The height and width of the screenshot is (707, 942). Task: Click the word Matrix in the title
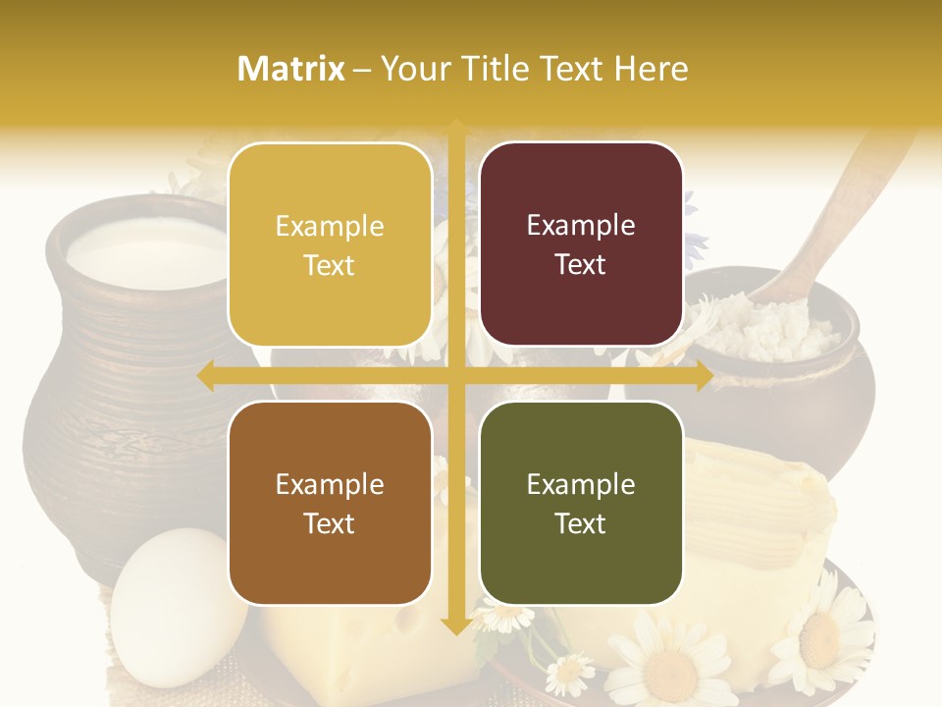291,69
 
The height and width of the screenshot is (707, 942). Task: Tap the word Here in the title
652,69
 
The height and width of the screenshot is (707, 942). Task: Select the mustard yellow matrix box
330,245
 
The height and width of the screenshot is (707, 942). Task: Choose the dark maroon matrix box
581,245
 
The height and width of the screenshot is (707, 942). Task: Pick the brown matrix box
330,503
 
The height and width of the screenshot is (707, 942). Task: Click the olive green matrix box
581,503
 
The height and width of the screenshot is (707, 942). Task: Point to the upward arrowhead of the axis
455,128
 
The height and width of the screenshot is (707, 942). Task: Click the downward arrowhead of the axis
455,625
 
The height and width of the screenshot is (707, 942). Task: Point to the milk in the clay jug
147,255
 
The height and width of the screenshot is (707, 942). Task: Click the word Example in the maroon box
581,225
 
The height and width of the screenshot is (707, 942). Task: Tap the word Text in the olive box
581,523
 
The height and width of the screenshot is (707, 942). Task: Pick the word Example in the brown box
330,484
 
